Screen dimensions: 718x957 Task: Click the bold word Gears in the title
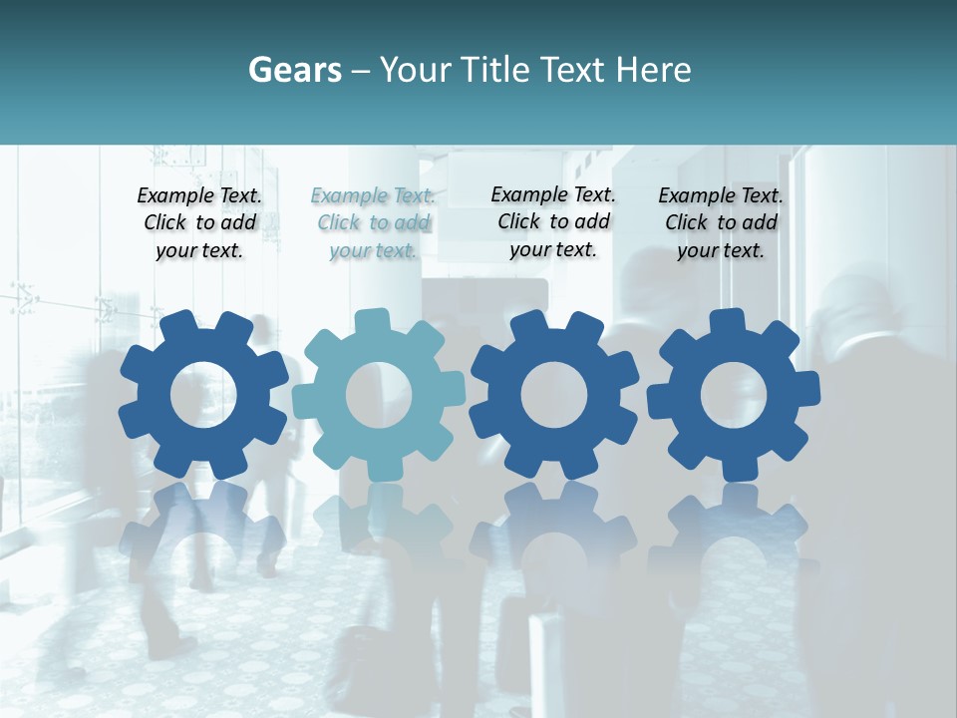point(295,70)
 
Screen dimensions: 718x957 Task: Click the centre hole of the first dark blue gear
point(203,395)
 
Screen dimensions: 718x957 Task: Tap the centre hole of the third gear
point(554,395)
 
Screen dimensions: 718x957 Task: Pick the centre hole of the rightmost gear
point(733,395)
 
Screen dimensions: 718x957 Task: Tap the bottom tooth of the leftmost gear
point(209,467)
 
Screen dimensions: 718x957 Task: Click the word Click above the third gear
point(519,221)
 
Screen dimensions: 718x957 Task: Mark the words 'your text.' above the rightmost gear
point(721,251)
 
